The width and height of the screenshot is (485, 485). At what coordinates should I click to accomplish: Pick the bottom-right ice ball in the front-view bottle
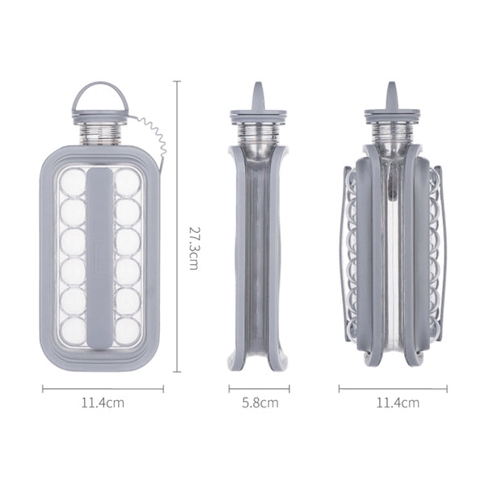(x=128, y=327)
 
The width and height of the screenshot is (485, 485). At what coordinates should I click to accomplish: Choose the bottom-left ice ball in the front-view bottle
(x=74, y=327)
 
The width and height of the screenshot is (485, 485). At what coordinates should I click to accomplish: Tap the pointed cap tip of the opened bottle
(x=391, y=89)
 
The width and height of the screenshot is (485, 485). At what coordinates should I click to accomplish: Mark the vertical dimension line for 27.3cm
(x=177, y=226)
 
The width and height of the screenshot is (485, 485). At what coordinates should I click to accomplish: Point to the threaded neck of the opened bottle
(x=392, y=131)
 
